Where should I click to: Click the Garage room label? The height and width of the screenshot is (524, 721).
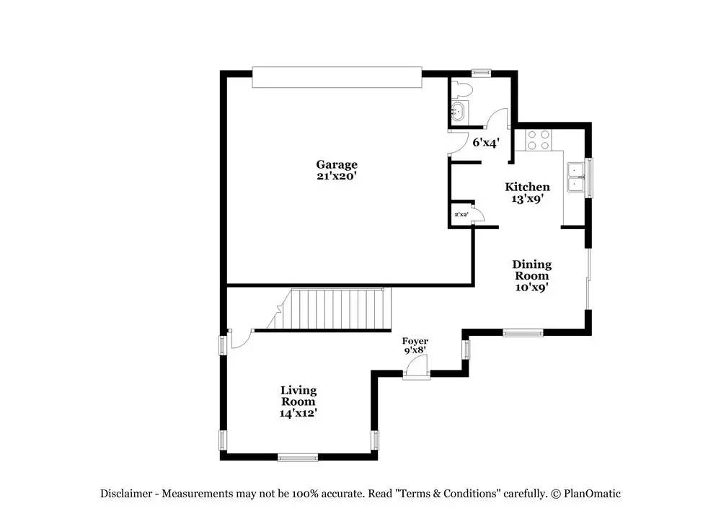pyautogui.click(x=336, y=164)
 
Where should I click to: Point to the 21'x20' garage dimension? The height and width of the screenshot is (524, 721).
pyautogui.click(x=336, y=175)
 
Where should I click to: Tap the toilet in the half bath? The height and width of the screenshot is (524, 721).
pyautogui.click(x=461, y=90)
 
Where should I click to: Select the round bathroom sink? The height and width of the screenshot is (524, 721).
pyautogui.click(x=458, y=112)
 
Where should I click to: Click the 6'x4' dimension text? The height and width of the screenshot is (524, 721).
pyautogui.click(x=485, y=143)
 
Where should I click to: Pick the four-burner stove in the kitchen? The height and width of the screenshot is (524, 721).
pyautogui.click(x=537, y=139)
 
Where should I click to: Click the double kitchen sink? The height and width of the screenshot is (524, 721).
pyautogui.click(x=575, y=177)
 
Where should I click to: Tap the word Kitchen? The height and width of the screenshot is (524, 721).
pyautogui.click(x=527, y=187)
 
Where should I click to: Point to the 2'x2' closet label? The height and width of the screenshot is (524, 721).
pyautogui.click(x=461, y=215)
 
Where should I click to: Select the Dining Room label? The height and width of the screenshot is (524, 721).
pyautogui.click(x=531, y=270)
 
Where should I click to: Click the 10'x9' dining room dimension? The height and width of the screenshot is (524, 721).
pyautogui.click(x=531, y=287)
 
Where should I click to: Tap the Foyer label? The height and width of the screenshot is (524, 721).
pyautogui.click(x=415, y=341)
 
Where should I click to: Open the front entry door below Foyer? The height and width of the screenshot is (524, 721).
pyautogui.click(x=416, y=370)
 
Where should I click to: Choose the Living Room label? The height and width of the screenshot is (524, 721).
pyautogui.click(x=298, y=396)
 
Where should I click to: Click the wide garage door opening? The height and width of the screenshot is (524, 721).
pyautogui.click(x=336, y=77)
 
